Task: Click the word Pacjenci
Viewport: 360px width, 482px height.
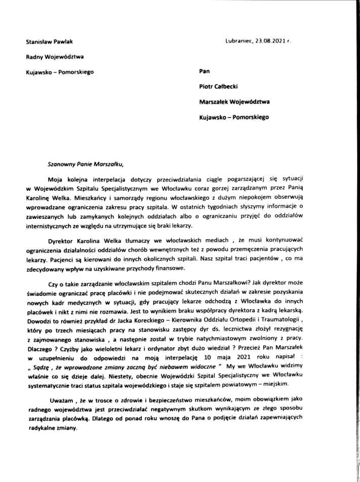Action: click(53, 259)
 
